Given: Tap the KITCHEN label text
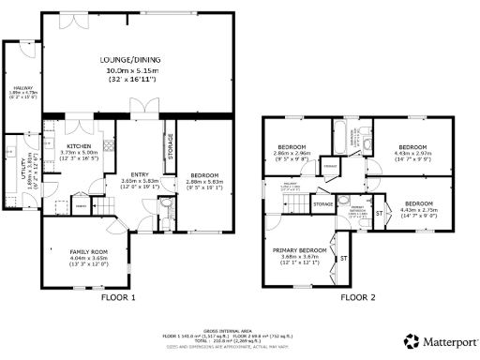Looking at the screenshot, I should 79,146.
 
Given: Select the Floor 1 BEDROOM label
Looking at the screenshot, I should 203,175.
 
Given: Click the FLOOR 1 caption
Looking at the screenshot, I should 119,297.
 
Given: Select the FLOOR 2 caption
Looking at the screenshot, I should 356,297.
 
